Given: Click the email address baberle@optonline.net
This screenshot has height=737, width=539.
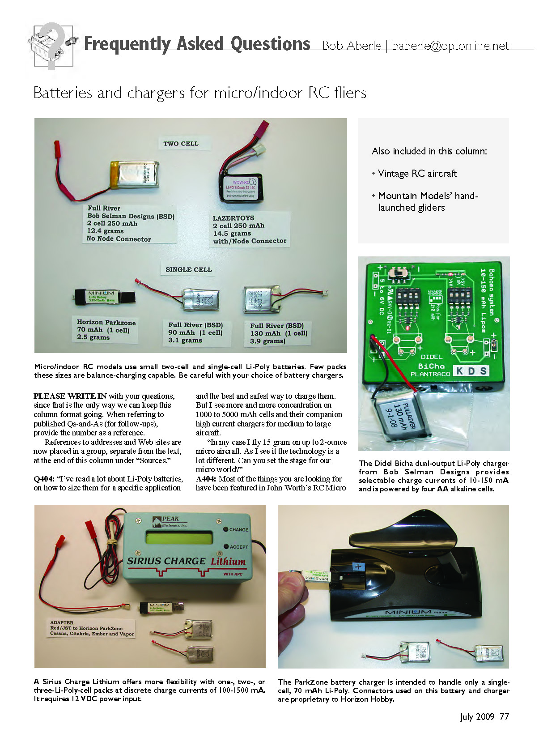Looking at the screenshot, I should [x=450, y=46].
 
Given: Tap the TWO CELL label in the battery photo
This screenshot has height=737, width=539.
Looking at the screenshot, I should [x=181, y=144].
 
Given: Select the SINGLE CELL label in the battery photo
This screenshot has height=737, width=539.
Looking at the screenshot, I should [x=188, y=269].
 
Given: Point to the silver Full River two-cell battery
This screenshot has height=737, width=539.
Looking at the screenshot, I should [x=134, y=175].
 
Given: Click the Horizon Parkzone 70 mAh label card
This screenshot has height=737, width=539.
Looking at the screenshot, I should [x=106, y=330].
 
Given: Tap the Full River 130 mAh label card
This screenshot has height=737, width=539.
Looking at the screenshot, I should [x=278, y=333].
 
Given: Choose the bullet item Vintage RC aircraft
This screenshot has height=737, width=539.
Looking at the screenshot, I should [x=417, y=174].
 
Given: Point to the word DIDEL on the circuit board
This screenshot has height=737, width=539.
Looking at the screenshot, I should [x=431, y=357].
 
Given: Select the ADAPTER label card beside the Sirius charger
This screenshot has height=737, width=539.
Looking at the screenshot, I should [x=92, y=628].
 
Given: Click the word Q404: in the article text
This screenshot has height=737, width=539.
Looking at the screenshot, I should [x=44, y=479].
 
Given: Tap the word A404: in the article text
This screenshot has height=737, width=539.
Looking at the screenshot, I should [x=206, y=479].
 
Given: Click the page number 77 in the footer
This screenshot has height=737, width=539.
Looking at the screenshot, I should [x=504, y=717].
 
